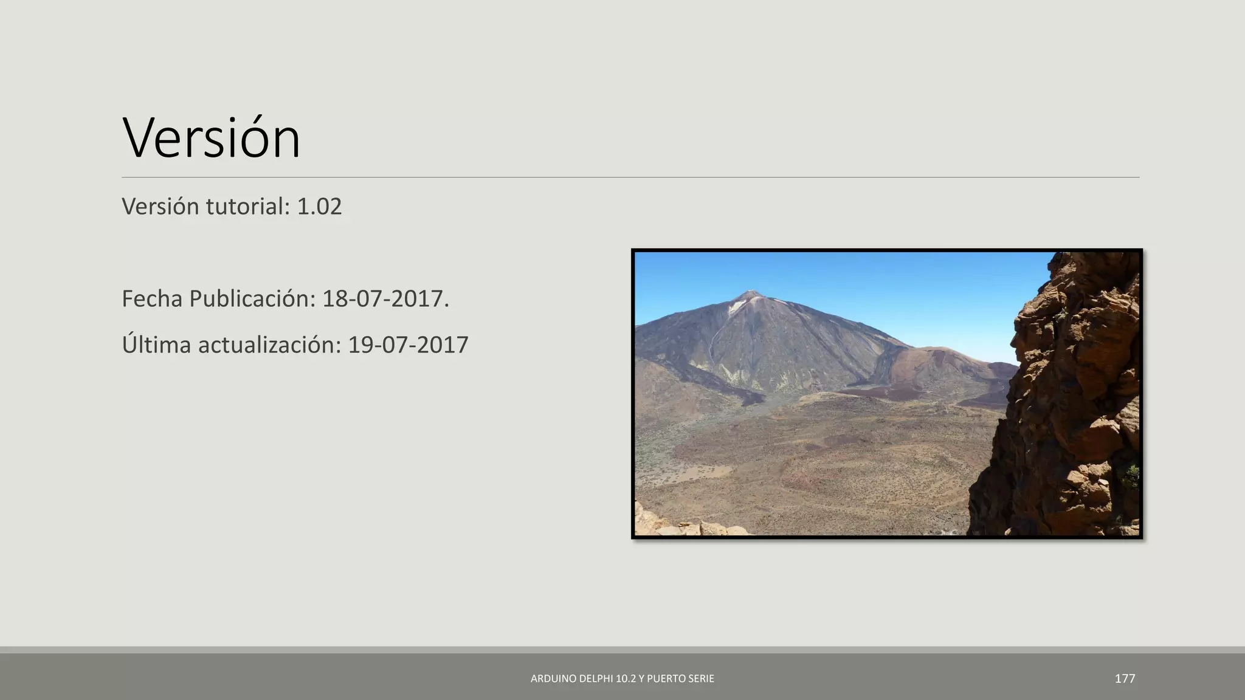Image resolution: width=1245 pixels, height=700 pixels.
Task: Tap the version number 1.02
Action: point(319,207)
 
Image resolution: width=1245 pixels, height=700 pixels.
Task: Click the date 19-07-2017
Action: point(408,345)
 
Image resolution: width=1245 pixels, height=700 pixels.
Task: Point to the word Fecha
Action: point(153,299)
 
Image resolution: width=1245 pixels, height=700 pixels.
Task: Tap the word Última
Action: point(156,345)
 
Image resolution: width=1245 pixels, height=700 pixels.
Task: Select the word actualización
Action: point(270,345)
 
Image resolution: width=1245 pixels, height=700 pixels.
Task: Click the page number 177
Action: point(1125,678)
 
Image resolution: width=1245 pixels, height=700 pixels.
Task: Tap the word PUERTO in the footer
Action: point(667,679)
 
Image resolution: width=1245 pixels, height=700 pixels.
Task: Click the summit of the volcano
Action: point(750,293)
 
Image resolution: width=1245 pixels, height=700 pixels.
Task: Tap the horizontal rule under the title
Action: point(630,177)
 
